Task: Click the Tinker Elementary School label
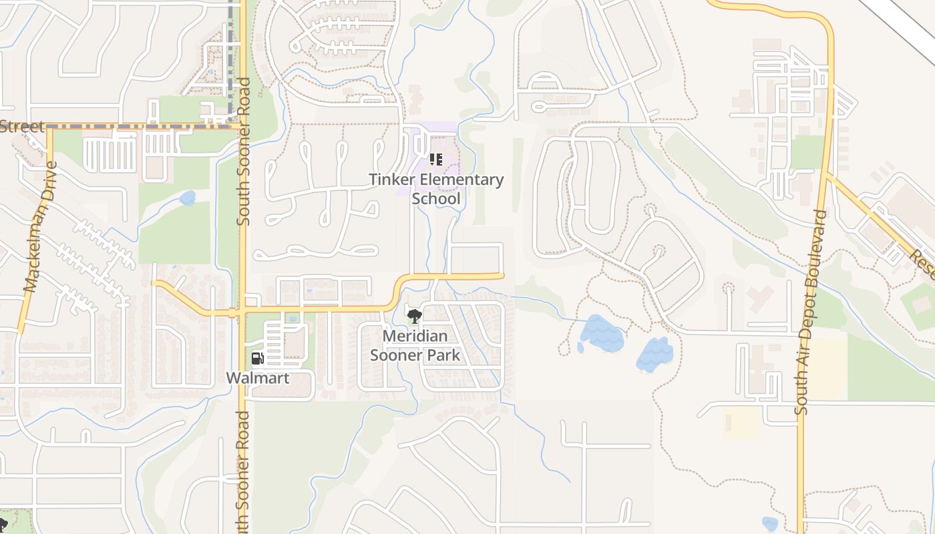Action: click(x=437, y=189)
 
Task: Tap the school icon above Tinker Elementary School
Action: click(x=435, y=160)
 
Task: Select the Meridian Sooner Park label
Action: click(x=415, y=345)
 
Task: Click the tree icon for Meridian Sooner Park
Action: click(x=414, y=316)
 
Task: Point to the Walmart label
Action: click(x=258, y=378)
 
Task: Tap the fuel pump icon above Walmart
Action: click(x=257, y=358)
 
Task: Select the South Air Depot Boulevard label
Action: click(x=811, y=312)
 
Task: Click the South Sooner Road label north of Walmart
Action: click(x=243, y=152)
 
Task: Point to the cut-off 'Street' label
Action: click(x=22, y=126)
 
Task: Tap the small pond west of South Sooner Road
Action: click(x=187, y=198)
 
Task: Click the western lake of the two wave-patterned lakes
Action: click(x=601, y=334)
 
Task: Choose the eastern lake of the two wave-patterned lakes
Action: click(x=654, y=354)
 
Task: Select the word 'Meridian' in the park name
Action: click(x=415, y=336)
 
